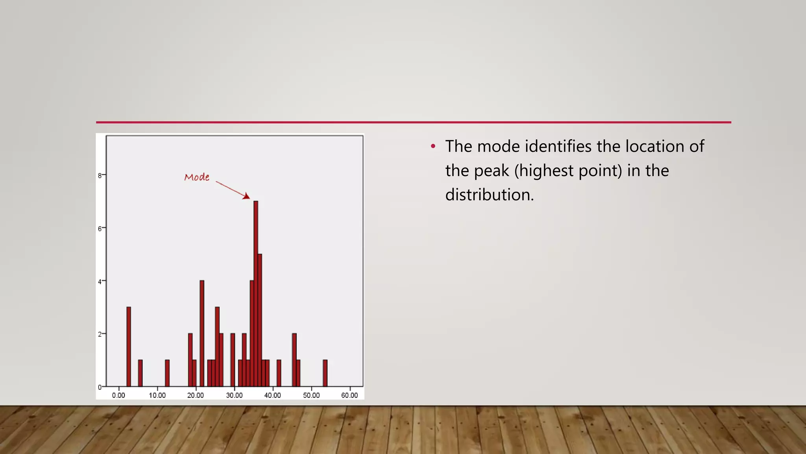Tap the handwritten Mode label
tap(197, 177)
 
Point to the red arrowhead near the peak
tap(247, 196)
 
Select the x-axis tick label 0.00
tap(118, 395)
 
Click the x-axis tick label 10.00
tap(157, 395)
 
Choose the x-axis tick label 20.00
tap(195, 395)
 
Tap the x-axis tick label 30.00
tap(234, 395)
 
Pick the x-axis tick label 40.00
tap(272, 395)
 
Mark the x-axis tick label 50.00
tap(311, 395)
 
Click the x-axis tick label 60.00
tap(349, 395)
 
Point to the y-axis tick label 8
tap(100, 175)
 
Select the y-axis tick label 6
tap(100, 229)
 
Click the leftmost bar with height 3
tap(129, 347)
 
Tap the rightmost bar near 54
tap(325, 373)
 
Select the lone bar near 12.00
tap(167, 373)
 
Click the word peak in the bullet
tap(491, 171)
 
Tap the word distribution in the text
tap(489, 195)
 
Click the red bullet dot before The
tap(433, 147)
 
